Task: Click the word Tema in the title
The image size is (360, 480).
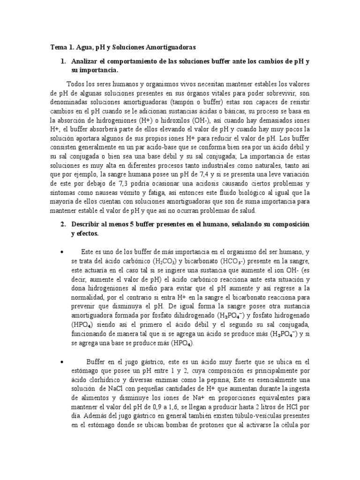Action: [x=58, y=47]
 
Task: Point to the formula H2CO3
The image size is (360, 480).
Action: [x=166, y=261]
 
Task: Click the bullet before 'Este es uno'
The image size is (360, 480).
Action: [x=61, y=252]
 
